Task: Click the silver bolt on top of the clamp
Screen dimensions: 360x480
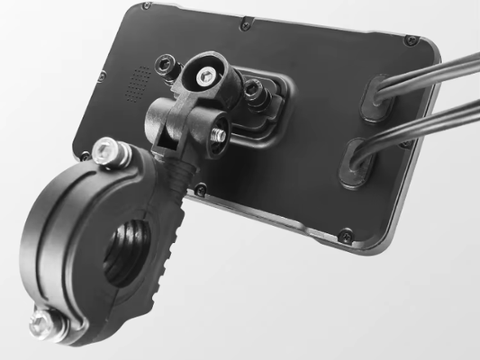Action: pyautogui.click(x=106, y=149)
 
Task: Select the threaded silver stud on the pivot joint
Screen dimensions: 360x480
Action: pyautogui.click(x=217, y=134)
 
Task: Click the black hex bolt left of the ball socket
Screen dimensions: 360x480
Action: pyautogui.click(x=166, y=65)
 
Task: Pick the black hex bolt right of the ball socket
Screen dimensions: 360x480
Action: pyautogui.click(x=255, y=89)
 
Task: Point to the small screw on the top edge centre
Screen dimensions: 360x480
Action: pyautogui.click(x=244, y=25)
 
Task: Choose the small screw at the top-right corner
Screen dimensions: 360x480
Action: pyautogui.click(x=411, y=40)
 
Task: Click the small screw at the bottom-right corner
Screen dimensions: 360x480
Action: pyautogui.click(x=345, y=236)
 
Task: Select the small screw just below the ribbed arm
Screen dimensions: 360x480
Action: pyautogui.click(x=201, y=190)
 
